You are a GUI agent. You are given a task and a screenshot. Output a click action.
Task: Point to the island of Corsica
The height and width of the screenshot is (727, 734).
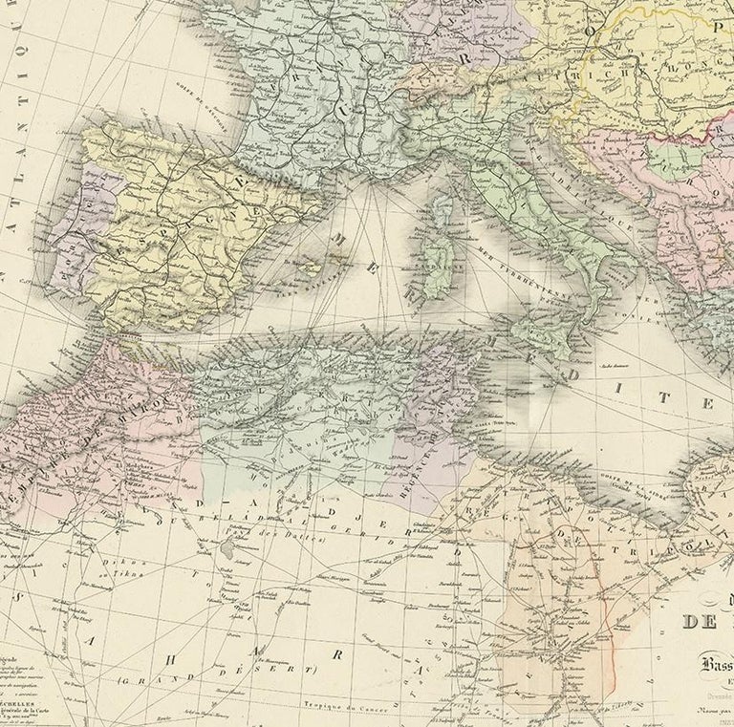pyautogui.click(x=443, y=205)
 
